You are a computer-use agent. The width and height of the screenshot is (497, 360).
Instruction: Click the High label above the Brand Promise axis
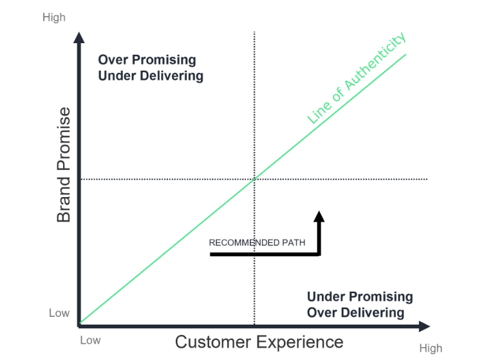[x=54, y=17]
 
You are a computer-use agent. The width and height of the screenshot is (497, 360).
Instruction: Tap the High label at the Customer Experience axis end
[x=431, y=348]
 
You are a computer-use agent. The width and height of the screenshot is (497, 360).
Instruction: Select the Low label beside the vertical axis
[x=59, y=313]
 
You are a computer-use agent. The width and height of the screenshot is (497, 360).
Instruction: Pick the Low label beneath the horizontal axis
[x=90, y=340]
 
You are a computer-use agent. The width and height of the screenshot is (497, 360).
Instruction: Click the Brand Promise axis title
[x=64, y=166]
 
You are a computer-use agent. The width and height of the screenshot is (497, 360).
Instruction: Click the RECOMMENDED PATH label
[x=257, y=243]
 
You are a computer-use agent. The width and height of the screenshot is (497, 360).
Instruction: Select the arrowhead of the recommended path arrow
[x=319, y=216]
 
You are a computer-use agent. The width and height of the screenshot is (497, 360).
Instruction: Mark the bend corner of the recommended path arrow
[x=319, y=254]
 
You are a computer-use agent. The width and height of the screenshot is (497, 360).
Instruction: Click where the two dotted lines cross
[x=254, y=179]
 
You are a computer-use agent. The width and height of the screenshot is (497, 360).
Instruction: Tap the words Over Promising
[x=147, y=60]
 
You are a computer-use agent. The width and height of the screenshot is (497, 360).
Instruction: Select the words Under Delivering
[x=151, y=76]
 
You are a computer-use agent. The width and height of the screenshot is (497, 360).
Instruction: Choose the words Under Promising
[x=360, y=297]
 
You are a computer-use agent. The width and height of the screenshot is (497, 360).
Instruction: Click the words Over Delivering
[x=355, y=313]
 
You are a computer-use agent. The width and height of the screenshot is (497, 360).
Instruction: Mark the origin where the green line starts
[x=80, y=323]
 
